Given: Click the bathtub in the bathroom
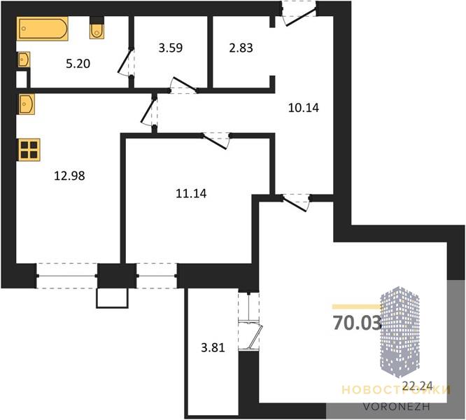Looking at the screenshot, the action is click(43, 29).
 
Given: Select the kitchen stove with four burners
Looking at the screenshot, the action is click(29, 150).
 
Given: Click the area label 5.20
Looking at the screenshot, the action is click(78, 64).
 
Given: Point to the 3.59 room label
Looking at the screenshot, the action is click(170, 48).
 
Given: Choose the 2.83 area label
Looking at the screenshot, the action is click(241, 48).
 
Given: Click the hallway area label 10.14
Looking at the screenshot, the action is click(304, 108).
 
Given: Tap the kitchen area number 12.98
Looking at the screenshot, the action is click(69, 176).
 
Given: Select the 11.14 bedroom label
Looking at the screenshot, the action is click(191, 193).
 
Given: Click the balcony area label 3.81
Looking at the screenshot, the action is click(213, 347).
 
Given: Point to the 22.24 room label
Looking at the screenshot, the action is click(417, 386).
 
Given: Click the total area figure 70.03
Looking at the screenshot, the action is click(357, 323).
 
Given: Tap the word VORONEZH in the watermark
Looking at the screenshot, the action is click(397, 407).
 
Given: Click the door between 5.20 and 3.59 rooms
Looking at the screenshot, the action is click(127, 63).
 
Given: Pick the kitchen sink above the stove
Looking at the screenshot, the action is click(27, 104).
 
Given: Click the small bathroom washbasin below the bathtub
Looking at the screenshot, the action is click(24, 59).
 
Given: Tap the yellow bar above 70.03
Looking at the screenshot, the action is click(356, 307).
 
